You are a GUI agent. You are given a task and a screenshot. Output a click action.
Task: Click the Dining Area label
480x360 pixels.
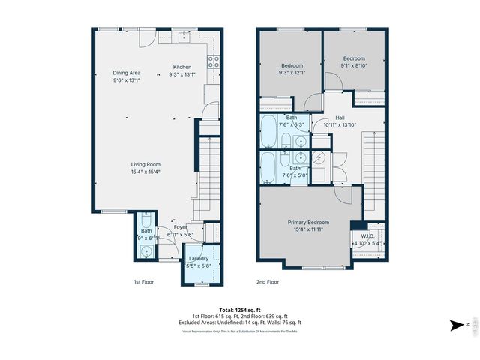127,73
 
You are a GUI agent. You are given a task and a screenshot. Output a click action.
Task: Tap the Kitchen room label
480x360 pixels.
183,67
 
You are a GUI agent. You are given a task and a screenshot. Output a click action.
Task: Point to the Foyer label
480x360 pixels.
181,227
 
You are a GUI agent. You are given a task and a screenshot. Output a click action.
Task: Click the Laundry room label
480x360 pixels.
199,258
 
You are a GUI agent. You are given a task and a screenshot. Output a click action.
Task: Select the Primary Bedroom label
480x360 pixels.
309,223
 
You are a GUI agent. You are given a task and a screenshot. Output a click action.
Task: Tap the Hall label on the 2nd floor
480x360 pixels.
340,118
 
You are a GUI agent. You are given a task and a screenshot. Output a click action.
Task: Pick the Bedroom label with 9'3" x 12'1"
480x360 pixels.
291,65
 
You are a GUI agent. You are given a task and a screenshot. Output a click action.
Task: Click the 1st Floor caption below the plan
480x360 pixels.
144,282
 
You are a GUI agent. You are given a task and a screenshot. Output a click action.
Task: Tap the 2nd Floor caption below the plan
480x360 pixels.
268,282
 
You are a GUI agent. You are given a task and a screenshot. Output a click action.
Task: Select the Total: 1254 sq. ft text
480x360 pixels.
240,310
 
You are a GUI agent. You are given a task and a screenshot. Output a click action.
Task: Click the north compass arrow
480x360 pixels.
457,324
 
